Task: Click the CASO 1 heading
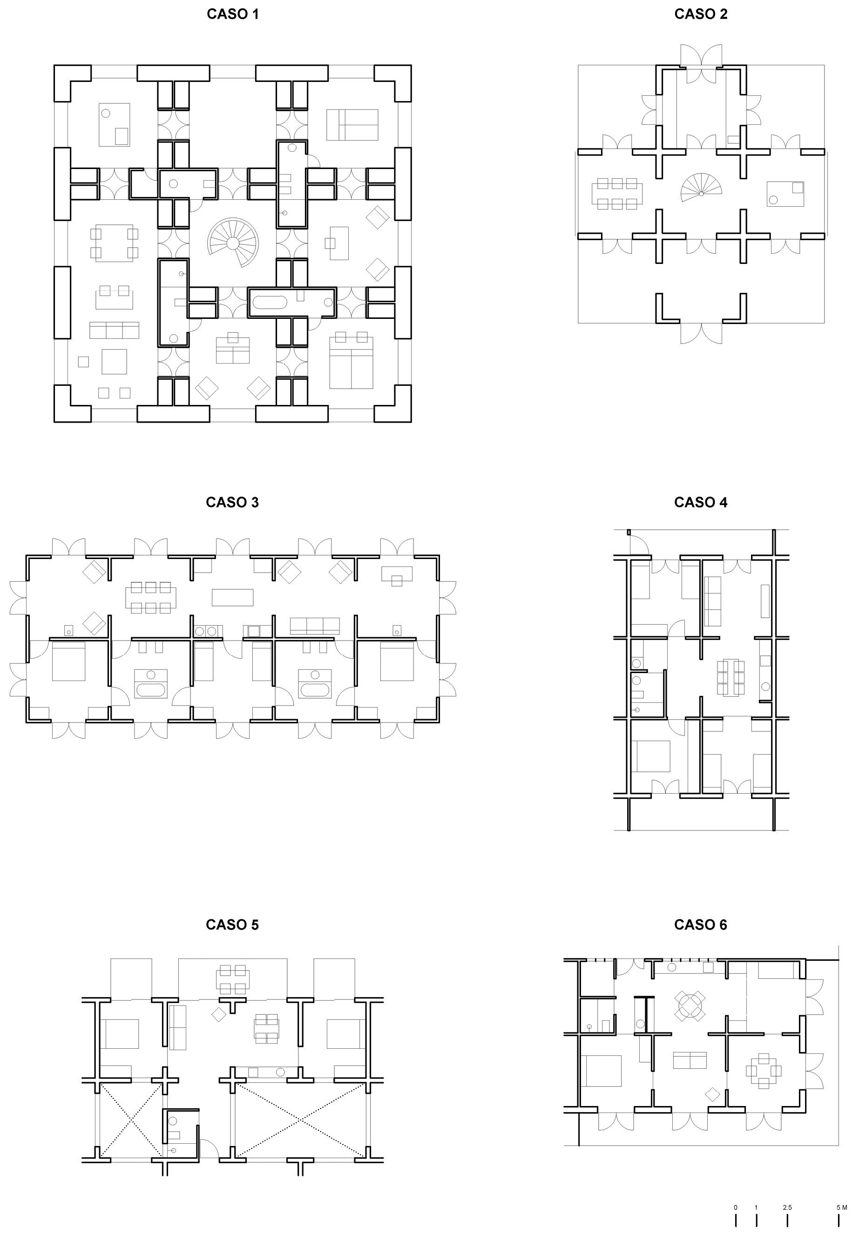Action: click(x=232, y=14)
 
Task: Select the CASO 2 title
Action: click(x=700, y=14)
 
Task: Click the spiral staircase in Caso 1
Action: click(x=233, y=243)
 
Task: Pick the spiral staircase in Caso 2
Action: click(x=701, y=188)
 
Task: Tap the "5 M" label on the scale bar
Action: click(x=842, y=1203)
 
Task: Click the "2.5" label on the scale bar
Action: click(x=787, y=1203)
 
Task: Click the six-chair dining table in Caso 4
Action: click(x=730, y=677)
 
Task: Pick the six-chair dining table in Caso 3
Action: click(x=151, y=597)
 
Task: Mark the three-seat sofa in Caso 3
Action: click(x=314, y=626)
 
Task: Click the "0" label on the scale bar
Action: click(x=735, y=1203)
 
